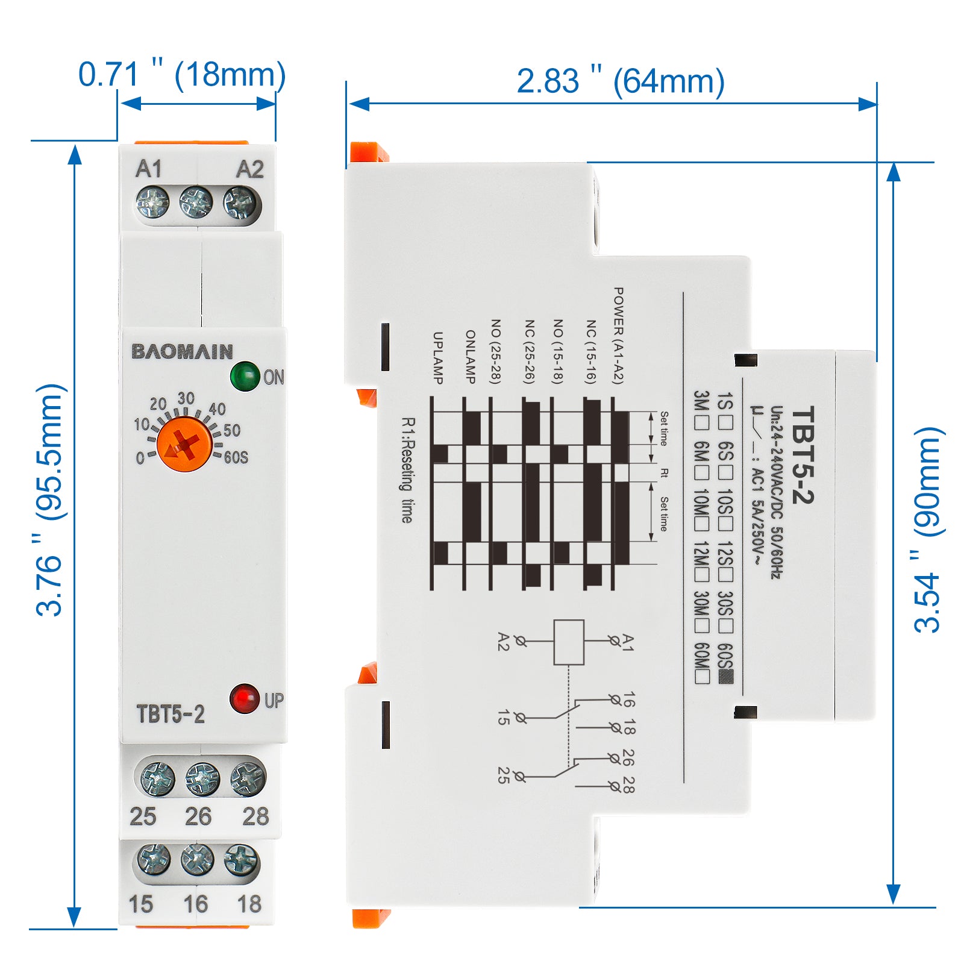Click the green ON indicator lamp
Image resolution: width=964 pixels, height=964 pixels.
click(245, 376)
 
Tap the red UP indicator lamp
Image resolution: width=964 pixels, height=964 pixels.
click(244, 699)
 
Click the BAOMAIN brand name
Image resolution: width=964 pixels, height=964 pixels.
click(182, 351)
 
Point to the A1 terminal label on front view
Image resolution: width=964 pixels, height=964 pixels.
click(149, 169)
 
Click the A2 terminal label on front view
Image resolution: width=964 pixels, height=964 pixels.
click(249, 169)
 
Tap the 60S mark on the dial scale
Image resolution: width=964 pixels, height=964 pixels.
click(236, 457)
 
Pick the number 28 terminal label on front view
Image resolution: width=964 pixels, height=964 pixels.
click(255, 816)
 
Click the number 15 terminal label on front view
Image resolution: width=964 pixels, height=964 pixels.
click(141, 904)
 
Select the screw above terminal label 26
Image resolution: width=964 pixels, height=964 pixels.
click(202, 779)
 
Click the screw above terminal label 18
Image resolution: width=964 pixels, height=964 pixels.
click(241, 860)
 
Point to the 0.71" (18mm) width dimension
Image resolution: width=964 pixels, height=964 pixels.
click(182, 75)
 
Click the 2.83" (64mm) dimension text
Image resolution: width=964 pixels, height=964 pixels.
click(621, 81)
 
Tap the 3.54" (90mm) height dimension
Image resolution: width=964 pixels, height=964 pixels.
click(928, 530)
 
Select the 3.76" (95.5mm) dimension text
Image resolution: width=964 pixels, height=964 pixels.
click(49, 500)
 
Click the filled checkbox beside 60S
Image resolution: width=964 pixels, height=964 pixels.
click(727, 677)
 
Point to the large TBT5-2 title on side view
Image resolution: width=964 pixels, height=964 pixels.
click(803, 455)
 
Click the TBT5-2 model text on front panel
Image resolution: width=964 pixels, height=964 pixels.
click(171, 714)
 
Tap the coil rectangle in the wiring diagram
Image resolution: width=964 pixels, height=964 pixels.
click(569, 642)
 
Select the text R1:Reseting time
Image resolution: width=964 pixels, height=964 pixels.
click(408, 470)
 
